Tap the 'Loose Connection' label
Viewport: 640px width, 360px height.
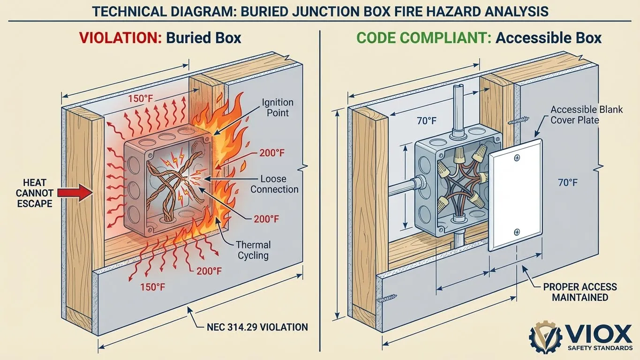274,184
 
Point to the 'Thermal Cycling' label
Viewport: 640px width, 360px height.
253,250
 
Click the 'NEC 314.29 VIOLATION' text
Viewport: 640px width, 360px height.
257,327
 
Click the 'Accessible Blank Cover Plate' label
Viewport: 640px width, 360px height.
587,115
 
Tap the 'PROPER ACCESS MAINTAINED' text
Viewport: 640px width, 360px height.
580,292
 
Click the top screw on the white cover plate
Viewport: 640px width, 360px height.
517,158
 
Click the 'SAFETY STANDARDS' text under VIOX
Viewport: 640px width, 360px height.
599,348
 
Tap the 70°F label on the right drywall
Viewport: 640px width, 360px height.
567,182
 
